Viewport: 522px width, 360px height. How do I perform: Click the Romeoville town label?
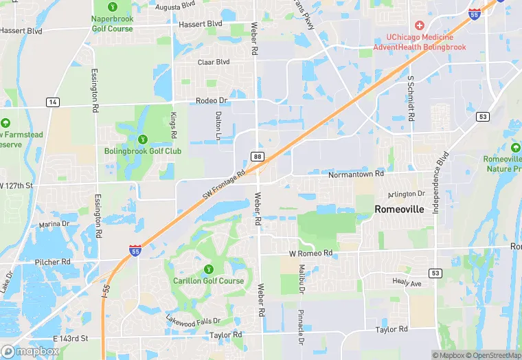pos(399,209)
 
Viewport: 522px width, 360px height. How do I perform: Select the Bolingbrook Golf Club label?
pos(143,151)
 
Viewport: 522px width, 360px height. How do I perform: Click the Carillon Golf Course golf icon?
pos(208,269)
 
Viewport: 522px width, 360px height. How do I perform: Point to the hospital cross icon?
pos(419,25)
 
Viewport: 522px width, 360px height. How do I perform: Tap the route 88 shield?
pos(257,157)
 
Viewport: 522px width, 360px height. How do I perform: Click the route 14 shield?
pos(52,102)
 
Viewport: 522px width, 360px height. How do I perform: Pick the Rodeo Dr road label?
pos(211,100)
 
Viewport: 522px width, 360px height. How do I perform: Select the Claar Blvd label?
pos(213,62)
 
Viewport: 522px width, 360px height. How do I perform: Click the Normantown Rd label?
pos(356,175)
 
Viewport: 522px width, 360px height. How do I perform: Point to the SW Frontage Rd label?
pos(224,186)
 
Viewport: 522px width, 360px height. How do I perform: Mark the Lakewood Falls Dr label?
pos(193,320)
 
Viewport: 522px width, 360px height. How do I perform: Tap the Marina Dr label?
pos(54,225)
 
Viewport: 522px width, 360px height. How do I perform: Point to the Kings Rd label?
pos(174,123)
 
